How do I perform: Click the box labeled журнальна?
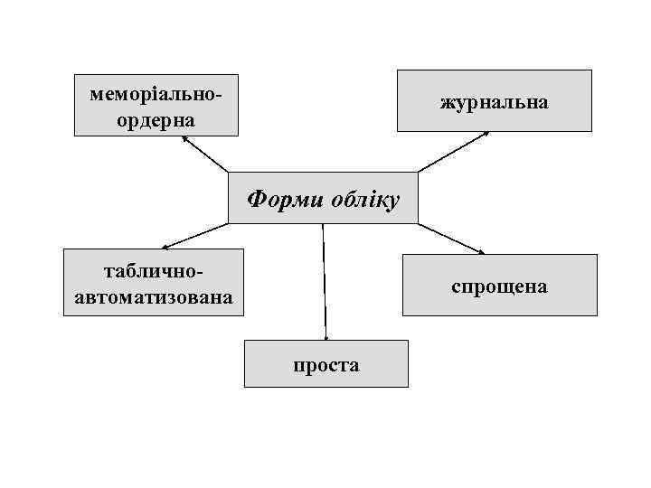coord(495,101)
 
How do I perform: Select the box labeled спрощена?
coord(499,286)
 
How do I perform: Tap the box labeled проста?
coord(325,363)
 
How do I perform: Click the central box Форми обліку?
coord(323,197)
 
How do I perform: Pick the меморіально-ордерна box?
coord(156,105)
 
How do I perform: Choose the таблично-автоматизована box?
coord(154,282)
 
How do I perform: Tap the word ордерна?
coord(156,118)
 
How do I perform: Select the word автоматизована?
coord(153,295)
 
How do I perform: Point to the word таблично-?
coord(154,270)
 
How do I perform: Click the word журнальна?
coord(495,101)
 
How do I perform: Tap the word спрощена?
coord(499,286)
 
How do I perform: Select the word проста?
coord(325,365)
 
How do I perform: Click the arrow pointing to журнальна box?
coord(453,152)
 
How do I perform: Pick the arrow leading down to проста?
coord(325,280)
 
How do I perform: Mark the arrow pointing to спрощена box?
coord(452,238)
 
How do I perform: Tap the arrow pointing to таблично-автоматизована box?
coord(194,236)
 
